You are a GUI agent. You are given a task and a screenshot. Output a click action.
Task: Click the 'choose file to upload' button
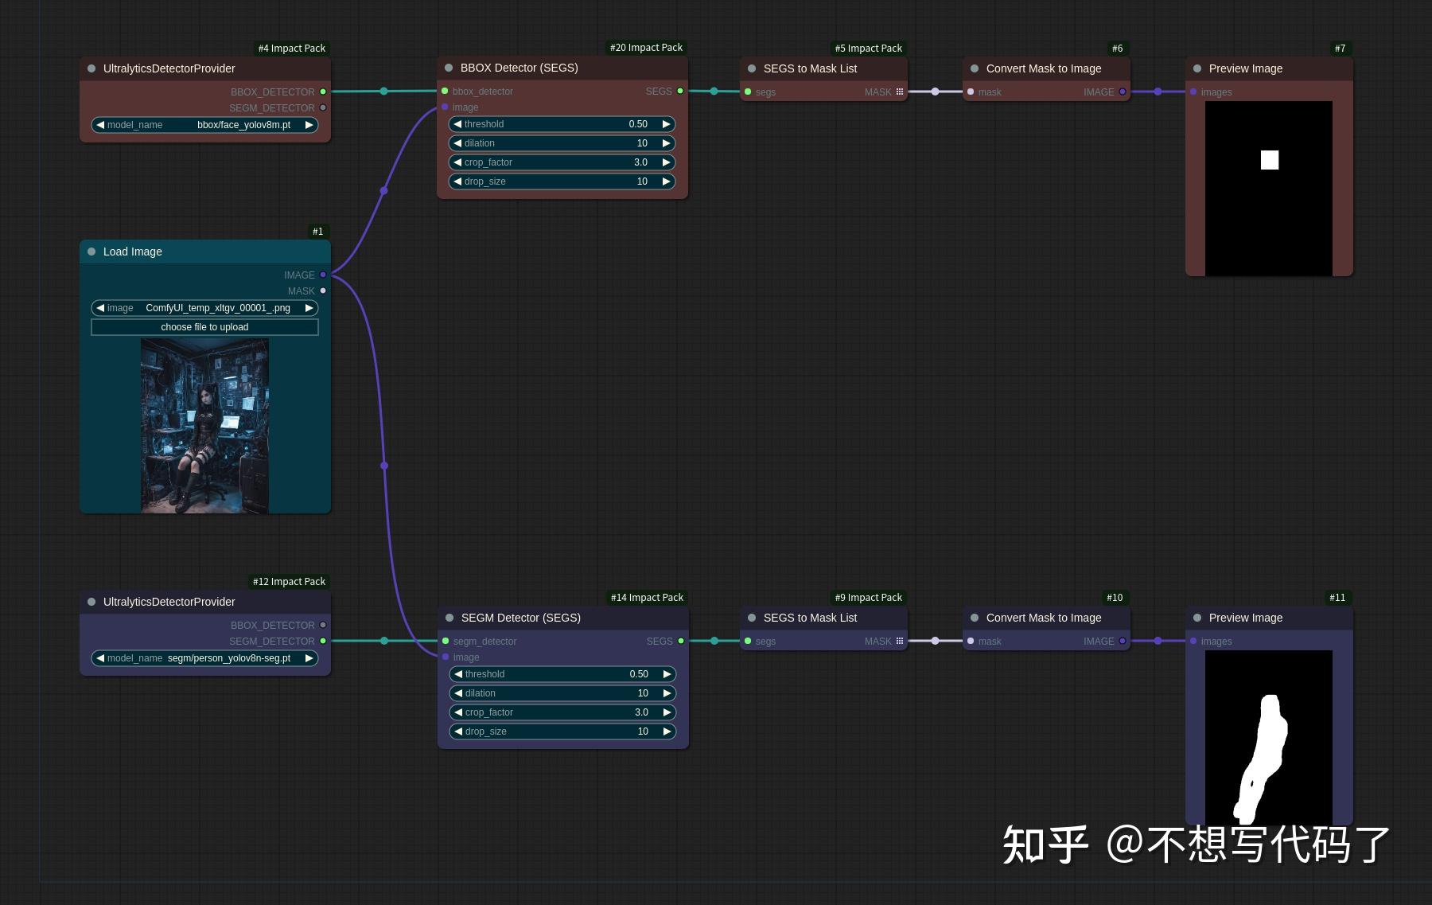coord(204,327)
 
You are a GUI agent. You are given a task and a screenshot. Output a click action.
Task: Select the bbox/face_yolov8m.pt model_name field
coord(204,125)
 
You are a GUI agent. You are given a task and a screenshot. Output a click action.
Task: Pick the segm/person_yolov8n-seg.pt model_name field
coord(204,658)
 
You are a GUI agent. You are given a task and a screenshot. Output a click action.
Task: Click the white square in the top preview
coord(1270,160)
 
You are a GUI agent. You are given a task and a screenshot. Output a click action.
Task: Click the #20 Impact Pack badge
coord(646,48)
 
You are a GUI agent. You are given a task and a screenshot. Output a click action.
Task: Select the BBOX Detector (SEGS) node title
coord(519,68)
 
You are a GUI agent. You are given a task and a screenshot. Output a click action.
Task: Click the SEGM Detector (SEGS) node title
coord(520,618)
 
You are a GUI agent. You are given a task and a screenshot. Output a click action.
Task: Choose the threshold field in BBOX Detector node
coord(562,124)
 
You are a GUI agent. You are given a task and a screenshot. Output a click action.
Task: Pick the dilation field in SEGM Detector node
coord(562,693)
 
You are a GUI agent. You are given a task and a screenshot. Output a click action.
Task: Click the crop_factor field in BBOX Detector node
coord(562,162)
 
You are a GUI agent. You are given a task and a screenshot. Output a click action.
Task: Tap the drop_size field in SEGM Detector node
coord(562,731)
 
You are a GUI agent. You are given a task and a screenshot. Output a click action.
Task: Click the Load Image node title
coord(132,252)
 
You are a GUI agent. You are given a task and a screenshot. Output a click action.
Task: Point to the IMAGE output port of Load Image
coord(323,275)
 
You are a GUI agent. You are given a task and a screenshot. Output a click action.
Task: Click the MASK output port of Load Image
coord(323,291)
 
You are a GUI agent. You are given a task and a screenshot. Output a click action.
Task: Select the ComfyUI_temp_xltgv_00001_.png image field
coord(204,308)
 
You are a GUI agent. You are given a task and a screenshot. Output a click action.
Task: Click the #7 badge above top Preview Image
coord(1340,49)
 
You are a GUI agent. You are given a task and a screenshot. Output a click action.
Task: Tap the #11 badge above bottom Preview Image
coord(1337,598)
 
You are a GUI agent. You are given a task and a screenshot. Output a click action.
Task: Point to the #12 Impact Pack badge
coord(289,582)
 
